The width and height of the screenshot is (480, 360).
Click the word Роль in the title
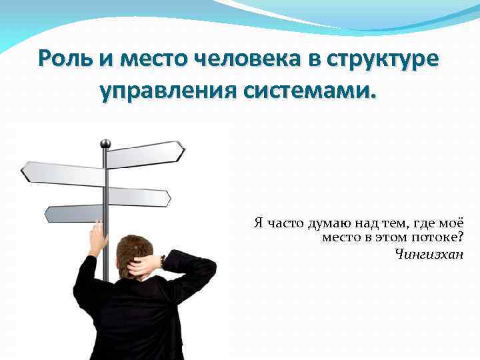pos(66,59)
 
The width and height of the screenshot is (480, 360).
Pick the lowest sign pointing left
pos(73,213)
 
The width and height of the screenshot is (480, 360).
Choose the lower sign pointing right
pos(139,197)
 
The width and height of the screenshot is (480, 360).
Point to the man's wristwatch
pos(163,261)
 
